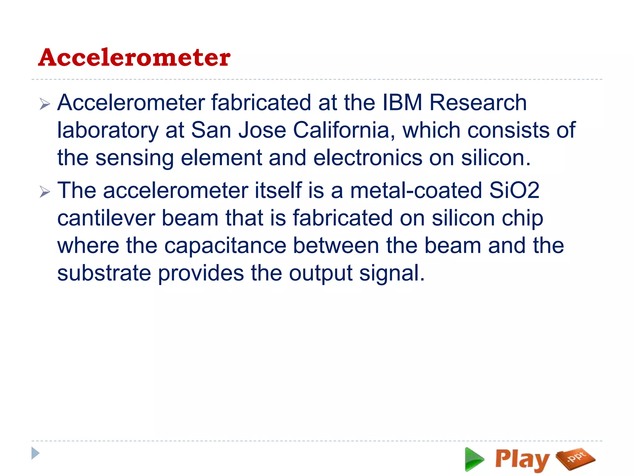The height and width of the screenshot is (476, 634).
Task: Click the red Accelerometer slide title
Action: tap(134, 58)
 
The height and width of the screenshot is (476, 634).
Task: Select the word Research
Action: tap(478, 103)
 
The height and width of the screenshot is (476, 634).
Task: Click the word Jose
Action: tap(262, 130)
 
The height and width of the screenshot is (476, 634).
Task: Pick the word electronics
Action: tap(368, 158)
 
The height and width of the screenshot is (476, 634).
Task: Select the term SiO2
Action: tap(515, 190)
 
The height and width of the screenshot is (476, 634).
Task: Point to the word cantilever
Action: tap(106, 218)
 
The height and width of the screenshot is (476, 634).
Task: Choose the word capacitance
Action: tap(225, 246)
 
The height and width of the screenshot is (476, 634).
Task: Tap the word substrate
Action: tap(104, 273)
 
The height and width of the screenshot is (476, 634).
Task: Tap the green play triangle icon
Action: tap(474, 459)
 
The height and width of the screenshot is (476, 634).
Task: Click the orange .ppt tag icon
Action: tap(575, 458)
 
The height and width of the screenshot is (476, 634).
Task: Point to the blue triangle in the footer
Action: tap(35, 453)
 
